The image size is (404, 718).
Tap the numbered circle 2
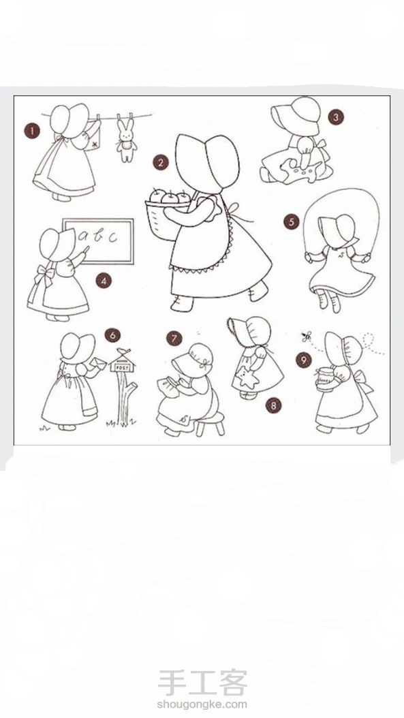pos(161,162)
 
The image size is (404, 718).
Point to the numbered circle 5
pos(292,223)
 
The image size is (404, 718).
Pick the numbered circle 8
pos(273,405)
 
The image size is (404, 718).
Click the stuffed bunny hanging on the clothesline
pos(126,140)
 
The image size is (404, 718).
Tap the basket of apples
pos(167,214)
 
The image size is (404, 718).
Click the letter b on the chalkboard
pos(98,236)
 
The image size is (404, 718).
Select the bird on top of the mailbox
pos(122,352)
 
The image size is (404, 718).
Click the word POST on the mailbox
pos(121,366)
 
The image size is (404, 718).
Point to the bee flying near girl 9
pos(306,337)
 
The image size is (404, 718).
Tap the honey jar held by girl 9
pos(324,379)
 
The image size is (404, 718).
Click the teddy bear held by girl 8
pos(249,377)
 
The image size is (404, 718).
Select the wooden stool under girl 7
pos(211,423)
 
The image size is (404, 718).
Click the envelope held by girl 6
pos(99,362)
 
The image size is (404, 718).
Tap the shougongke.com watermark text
pos(202,704)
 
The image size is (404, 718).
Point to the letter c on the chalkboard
pos(112,237)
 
